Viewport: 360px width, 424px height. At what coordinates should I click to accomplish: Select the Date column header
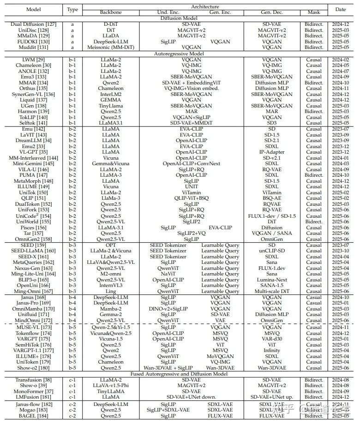(340, 9)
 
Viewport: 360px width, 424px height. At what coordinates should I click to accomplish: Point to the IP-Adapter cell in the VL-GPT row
(272, 152)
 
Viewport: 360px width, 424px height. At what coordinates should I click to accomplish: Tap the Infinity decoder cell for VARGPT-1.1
(272, 350)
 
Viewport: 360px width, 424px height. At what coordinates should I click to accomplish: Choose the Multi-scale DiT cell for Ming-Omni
(272, 291)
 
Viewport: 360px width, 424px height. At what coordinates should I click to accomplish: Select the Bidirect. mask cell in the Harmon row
(314, 111)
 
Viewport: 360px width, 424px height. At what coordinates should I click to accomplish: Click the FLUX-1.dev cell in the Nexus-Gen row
(272, 268)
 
